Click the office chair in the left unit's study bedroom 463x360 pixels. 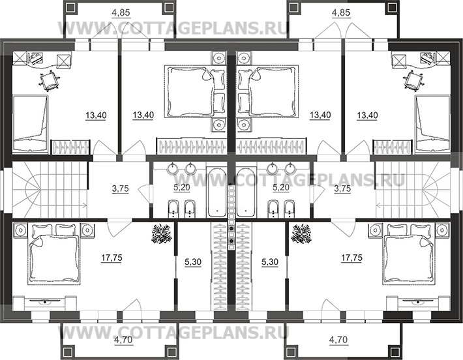(49, 81)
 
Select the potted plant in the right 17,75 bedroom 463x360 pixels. (301, 233)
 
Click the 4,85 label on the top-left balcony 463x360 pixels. (121, 12)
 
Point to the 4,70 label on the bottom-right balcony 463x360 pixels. (338, 340)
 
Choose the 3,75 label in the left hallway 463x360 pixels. (121, 188)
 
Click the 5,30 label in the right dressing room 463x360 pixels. (270, 262)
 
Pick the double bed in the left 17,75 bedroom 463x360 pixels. (54, 254)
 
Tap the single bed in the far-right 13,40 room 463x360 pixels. (432, 123)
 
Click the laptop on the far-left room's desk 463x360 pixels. (35, 57)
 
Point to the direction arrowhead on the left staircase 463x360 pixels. (85, 204)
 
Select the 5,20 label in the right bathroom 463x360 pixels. (281, 187)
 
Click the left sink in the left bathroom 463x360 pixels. (172, 168)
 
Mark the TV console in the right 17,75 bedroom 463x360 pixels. (418, 303)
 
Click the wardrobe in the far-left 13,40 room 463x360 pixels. (70, 147)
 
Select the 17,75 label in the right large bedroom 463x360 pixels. (351, 258)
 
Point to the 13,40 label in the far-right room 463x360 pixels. (367, 115)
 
